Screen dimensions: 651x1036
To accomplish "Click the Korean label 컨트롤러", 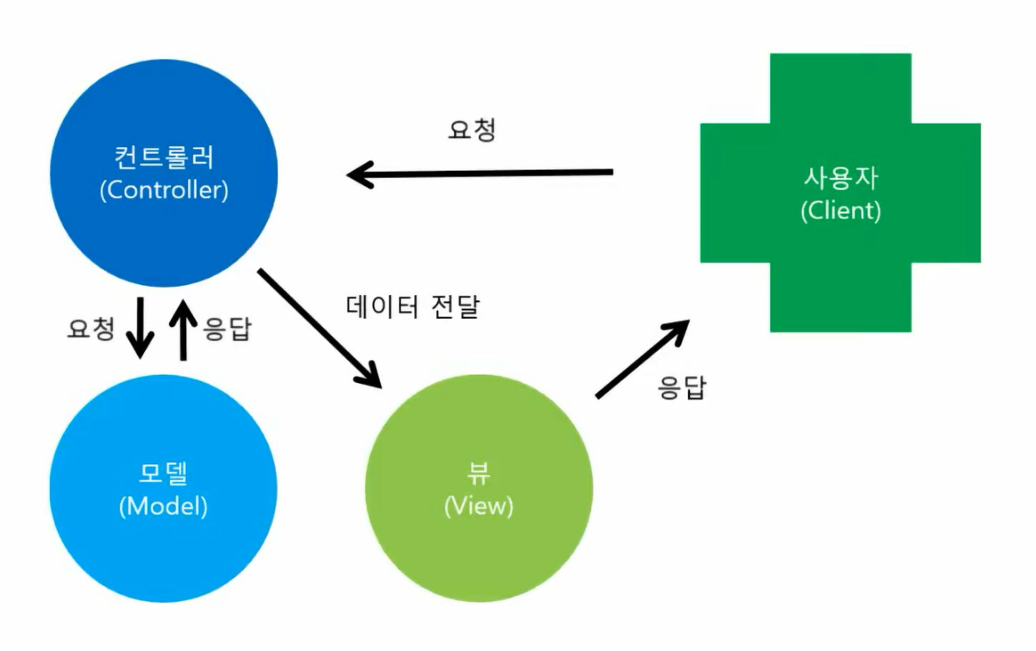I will pos(164,156).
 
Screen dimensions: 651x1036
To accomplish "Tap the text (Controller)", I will pos(164,190).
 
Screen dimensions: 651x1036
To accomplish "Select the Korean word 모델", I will pos(163,473).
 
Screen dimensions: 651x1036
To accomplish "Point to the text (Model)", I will pos(163,506).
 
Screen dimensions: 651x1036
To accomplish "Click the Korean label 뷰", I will pos(478,472).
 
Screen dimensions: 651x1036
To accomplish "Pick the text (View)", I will pos(478,506).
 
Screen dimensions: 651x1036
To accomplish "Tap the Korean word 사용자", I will pos(840,177).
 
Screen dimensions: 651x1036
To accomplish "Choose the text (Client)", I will pos(840,210).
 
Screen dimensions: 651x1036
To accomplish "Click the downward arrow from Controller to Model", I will pos(140,327).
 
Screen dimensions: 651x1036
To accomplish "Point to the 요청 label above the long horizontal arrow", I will pos(472,130).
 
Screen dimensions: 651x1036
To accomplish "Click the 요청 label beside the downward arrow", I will pos(91,329).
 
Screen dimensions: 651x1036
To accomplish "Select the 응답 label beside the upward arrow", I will pos(227,329).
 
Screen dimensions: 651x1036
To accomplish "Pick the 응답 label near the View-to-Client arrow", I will pos(681,387).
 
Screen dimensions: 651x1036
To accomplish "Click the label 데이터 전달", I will pos(413,307).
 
